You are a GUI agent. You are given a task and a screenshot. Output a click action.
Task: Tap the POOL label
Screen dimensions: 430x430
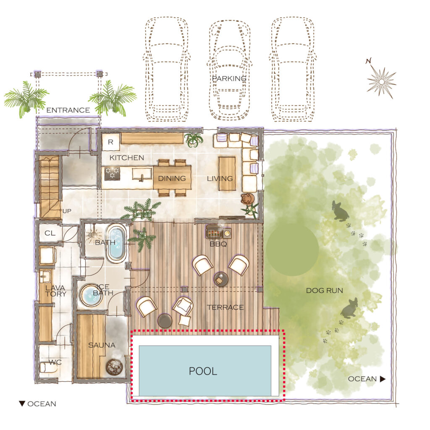[x=203, y=371]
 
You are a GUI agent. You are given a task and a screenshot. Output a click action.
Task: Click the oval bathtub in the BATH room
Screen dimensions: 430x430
[x=116, y=242]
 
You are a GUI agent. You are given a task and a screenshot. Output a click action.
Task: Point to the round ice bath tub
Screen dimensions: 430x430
[x=91, y=295]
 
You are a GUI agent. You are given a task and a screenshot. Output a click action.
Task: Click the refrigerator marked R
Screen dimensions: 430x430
[x=110, y=142]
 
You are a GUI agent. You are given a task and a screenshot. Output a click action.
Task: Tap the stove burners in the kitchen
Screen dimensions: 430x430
[x=113, y=173]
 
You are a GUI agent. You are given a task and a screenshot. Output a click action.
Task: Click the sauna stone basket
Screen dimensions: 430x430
[x=114, y=367]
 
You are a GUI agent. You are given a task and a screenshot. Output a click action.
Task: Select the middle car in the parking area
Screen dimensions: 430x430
[x=229, y=71]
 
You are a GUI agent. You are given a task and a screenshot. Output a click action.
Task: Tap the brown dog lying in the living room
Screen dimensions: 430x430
[x=248, y=198]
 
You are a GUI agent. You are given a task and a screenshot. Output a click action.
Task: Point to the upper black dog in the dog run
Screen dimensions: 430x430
[x=340, y=211]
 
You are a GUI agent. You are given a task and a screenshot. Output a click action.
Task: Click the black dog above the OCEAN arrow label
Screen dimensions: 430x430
[x=349, y=309]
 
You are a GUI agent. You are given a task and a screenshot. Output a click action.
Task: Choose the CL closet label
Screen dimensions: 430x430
[x=50, y=233]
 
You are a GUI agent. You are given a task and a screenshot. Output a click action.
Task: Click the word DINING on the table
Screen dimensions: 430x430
[x=172, y=178]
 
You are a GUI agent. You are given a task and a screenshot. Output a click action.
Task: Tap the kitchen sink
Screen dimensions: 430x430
[x=142, y=174]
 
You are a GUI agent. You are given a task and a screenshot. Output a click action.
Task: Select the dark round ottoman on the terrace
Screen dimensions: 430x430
[x=165, y=321]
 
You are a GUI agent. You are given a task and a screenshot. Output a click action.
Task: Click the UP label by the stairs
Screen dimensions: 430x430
[x=67, y=211]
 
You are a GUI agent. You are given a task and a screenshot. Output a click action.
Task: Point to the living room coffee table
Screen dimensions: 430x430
[x=227, y=173]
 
